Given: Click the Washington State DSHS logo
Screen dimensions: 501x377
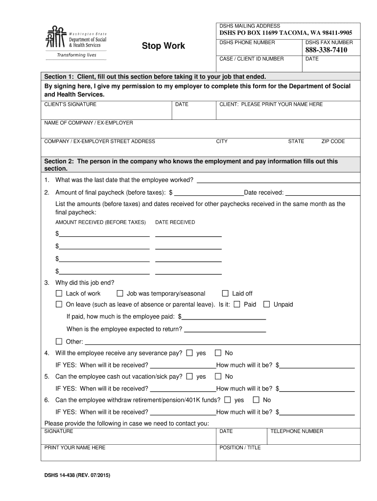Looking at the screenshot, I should (x=75, y=42).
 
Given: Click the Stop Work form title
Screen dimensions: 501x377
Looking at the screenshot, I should (x=163, y=46).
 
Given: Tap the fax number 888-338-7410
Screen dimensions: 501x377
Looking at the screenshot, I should (x=326, y=50).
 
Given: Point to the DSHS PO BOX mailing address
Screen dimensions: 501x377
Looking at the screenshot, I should (x=285, y=33).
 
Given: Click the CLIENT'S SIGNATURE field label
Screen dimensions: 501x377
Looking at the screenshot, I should (x=71, y=105).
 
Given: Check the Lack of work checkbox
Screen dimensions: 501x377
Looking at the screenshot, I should (x=59, y=294).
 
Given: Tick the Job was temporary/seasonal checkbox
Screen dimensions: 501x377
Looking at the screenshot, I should (x=119, y=294).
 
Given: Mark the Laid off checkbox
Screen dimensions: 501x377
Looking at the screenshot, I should (x=225, y=294).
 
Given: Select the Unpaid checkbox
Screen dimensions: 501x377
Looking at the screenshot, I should (x=266, y=304).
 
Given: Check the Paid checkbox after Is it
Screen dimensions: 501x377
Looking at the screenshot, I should (x=237, y=304).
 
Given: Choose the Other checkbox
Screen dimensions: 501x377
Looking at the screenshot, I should (x=59, y=342).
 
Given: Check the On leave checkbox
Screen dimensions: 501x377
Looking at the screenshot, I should (x=59, y=304).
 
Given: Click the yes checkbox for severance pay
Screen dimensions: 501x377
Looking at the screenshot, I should (x=189, y=353).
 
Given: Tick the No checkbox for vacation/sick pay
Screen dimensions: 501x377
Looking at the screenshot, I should (x=218, y=376).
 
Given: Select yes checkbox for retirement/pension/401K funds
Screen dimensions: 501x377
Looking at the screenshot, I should (x=228, y=400).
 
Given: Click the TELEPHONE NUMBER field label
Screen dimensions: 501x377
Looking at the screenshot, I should (x=297, y=432).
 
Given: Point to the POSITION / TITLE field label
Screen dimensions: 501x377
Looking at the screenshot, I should (x=240, y=448).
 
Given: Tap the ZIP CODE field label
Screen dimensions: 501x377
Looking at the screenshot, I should (x=333, y=141).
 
